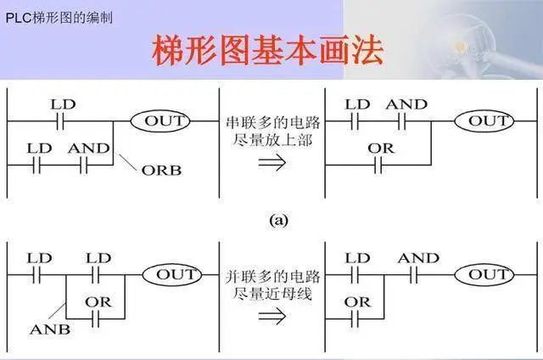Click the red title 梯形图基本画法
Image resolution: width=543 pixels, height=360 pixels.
(268, 49)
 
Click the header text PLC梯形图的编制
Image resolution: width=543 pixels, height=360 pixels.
(59, 18)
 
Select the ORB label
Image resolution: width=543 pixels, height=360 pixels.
(161, 171)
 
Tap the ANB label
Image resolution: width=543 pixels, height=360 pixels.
(50, 329)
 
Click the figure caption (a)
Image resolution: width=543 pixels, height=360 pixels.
(279, 221)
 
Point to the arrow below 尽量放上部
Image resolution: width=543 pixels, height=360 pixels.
(272, 162)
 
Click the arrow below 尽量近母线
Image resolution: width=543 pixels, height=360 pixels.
(272, 316)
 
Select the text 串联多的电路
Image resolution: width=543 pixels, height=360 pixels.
(273, 122)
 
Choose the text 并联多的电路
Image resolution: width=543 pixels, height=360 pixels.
(273, 277)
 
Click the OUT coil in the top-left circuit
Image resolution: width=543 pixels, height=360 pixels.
(160, 121)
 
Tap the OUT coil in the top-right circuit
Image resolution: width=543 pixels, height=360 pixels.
(484, 121)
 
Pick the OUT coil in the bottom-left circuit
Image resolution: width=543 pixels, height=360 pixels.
(172, 275)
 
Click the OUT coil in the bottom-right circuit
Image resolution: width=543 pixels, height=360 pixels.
(484, 275)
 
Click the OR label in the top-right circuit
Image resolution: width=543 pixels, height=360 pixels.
(381, 149)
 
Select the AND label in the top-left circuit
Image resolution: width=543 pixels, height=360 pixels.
(88, 149)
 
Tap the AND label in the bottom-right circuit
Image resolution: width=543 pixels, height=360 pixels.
(418, 258)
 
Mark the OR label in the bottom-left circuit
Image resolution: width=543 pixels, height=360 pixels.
(98, 302)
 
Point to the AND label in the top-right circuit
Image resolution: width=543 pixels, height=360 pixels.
(406, 104)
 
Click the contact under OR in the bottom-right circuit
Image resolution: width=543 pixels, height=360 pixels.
(355, 318)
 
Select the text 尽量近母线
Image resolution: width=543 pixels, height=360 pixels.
(272, 294)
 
